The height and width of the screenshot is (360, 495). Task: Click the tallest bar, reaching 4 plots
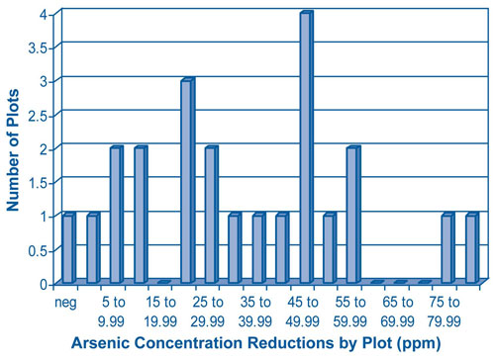pyautogui.click(x=306, y=148)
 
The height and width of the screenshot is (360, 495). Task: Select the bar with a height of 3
pyautogui.click(x=186, y=182)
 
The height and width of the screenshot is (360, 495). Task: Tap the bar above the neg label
pyautogui.click(x=68, y=248)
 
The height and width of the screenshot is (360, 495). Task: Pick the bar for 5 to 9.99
pyautogui.click(x=116, y=216)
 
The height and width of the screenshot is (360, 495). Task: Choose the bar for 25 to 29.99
pyautogui.click(x=211, y=216)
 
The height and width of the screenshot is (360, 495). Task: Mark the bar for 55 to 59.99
pyautogui.click(x=353, y=216)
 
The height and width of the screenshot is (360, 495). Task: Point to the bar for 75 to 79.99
pyautogui.click(x=447, y=248)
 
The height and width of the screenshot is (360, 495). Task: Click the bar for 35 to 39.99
pyautogui.click(x=258, y=248)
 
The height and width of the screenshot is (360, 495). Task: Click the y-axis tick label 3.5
pyautogui.click(x=41, y=47)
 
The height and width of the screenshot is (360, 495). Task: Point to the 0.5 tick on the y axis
pyautogui.click(x=41, y=250)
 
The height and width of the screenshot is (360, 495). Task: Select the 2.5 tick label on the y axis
pyautogui.click(x=41, y=115)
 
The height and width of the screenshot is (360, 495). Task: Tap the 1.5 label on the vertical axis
pyautogui.click(x=41, y=183)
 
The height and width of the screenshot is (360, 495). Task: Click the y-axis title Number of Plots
pyautogui.click(x=15, y=149)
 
